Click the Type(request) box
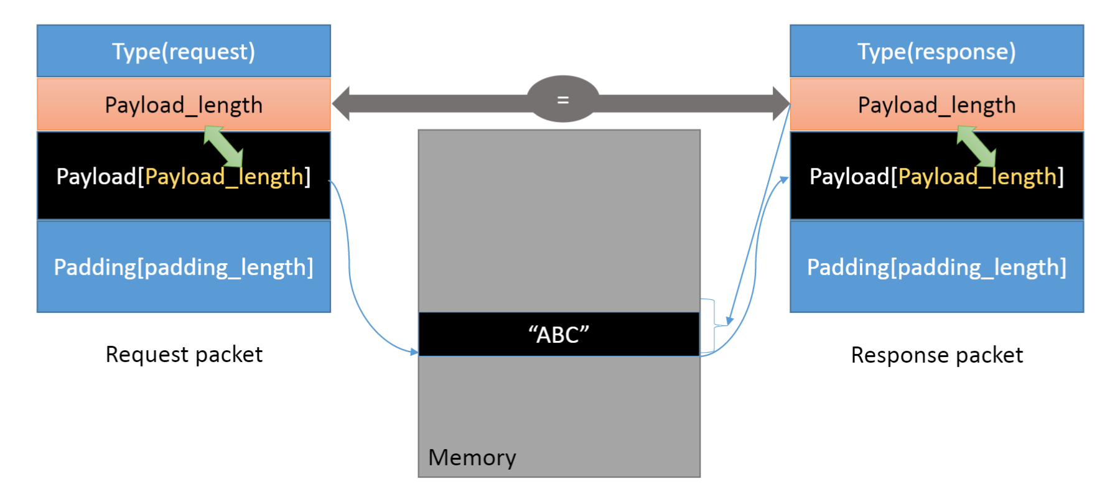[184, 51]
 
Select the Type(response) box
[936, 51]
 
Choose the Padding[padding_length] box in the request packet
[184, 267]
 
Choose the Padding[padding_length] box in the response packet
[936, 267]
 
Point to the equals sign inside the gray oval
[562, 100]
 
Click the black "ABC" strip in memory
[559, 334]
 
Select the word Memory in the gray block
[472, 458]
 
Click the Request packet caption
[184, 355]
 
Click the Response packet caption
[936, 355]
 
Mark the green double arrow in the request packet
[223, 146]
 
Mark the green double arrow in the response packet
[976, 146]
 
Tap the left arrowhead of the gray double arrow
[341, 103]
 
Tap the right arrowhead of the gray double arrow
[781, 103]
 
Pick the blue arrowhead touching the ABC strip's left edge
[414, 351]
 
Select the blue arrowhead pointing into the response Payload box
[784, 180]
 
